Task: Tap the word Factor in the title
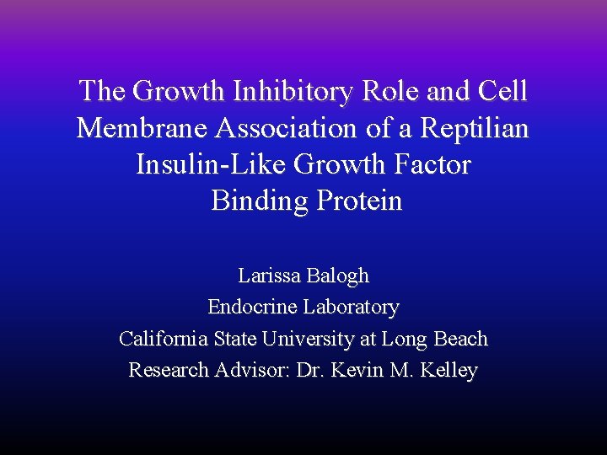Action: coord(432,164)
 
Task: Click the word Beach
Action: coord(460,339)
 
